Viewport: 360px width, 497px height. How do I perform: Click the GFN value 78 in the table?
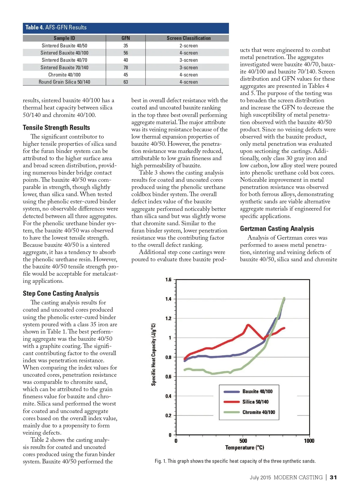[x=126, y=67]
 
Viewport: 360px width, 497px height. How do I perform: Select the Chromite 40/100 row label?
[x=64, y=75]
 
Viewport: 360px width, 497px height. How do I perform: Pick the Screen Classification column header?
[x=188, y=38]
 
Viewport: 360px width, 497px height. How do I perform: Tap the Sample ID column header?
[x=64, y=38]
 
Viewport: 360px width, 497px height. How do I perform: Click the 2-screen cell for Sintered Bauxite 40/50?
[x=188, y=46]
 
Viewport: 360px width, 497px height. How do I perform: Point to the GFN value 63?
[x=126, y=82]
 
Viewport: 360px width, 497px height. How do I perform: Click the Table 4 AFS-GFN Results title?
[x=56, y=28]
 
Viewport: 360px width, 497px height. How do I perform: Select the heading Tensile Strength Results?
[x=56, y=127]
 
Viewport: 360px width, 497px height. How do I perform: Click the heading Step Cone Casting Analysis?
[x=61, y=293]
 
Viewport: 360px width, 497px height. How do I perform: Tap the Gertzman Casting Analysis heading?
[x=277, y=229]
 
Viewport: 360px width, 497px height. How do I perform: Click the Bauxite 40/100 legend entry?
[x=257, y=391]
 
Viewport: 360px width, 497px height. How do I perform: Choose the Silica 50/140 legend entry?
[x=255, y=402]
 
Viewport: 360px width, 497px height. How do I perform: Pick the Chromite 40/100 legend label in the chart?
[x=259, y=412]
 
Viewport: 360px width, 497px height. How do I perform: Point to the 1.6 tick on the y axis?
[x=168, y=280]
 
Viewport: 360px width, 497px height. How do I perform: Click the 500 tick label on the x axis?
[x=243, y=441]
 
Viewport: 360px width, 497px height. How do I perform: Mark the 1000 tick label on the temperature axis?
[x=309, y=441]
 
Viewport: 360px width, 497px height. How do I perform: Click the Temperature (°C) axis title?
[x=244, y=448]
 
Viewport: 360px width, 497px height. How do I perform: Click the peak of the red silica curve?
[x=248, y=325]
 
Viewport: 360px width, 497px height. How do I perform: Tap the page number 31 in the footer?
[x=333, y=478]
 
